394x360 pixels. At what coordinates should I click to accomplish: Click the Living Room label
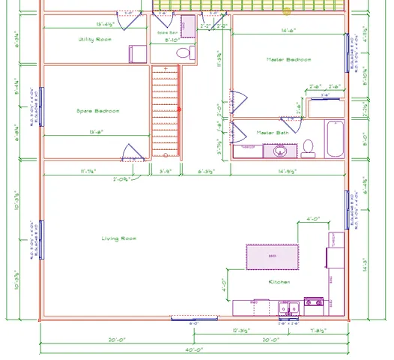click(x=118, y=238)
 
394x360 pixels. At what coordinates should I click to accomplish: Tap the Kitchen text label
click(x=279, y=282)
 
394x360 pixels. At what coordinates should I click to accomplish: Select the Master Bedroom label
click(x=288, y=59)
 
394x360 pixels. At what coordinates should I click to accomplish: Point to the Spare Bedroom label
click(x=97, y=111)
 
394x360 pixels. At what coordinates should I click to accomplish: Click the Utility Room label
click(x=94, y=39)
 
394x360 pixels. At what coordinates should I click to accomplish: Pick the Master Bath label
click(x=272, y=133)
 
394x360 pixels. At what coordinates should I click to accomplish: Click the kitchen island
click(x=272, y=256)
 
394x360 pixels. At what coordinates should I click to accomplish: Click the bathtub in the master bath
click(x=334, y=138)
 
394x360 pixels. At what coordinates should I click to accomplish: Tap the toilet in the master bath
click(x=308, y=147)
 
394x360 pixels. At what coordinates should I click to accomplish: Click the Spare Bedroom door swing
click(x=133, y=152)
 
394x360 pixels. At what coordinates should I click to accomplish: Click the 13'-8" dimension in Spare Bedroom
click(x=95, y=132)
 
